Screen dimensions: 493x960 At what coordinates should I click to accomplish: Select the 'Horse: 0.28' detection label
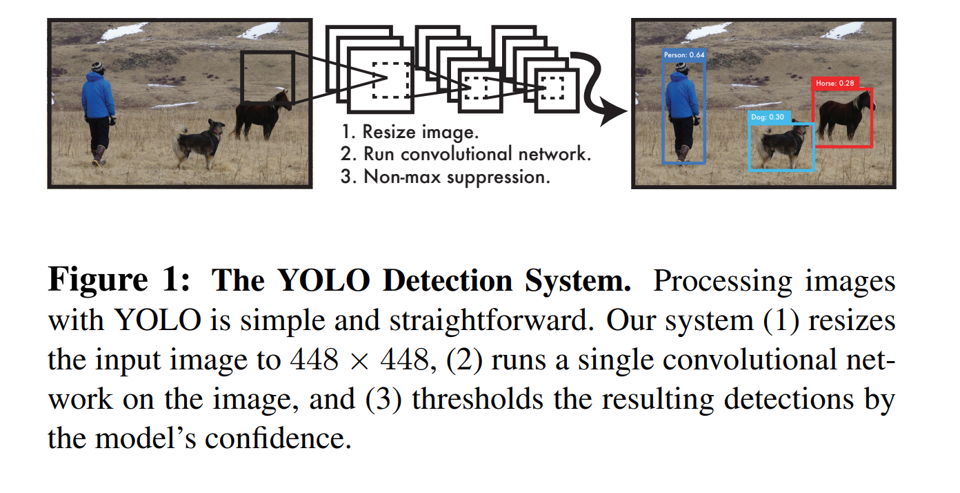pyautogui.click(x=834, y=83)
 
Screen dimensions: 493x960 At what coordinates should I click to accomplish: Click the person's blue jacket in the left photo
pyautogui.click(x=98, y=97)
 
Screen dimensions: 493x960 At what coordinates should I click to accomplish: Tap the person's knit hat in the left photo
pyautogui.click(x=97, y=68)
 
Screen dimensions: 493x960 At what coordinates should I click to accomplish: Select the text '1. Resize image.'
pyautogui.click(x=410, y=131)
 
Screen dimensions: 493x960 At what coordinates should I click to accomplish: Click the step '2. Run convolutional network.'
pyautogui.click(x=466, y=153)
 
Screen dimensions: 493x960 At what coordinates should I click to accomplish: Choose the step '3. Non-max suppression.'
pyautogui.click(x=445, y=176)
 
